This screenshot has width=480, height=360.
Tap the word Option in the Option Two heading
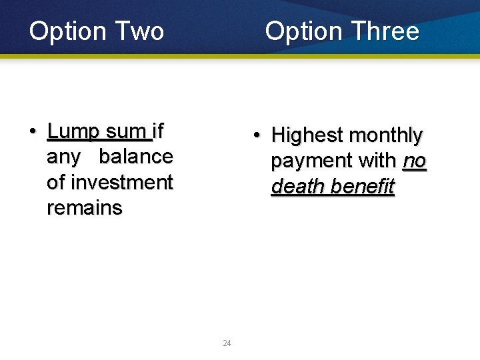point(68,31)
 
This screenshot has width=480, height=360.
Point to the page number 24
point(227,343)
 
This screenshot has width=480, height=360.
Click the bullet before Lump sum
point(33,131)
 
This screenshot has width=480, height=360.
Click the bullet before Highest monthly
point(256,136)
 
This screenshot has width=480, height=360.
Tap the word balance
point(136,157)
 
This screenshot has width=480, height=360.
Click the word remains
point(85,208)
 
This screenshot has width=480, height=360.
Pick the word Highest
point(307,136)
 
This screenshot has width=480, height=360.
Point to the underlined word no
point(414,161)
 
